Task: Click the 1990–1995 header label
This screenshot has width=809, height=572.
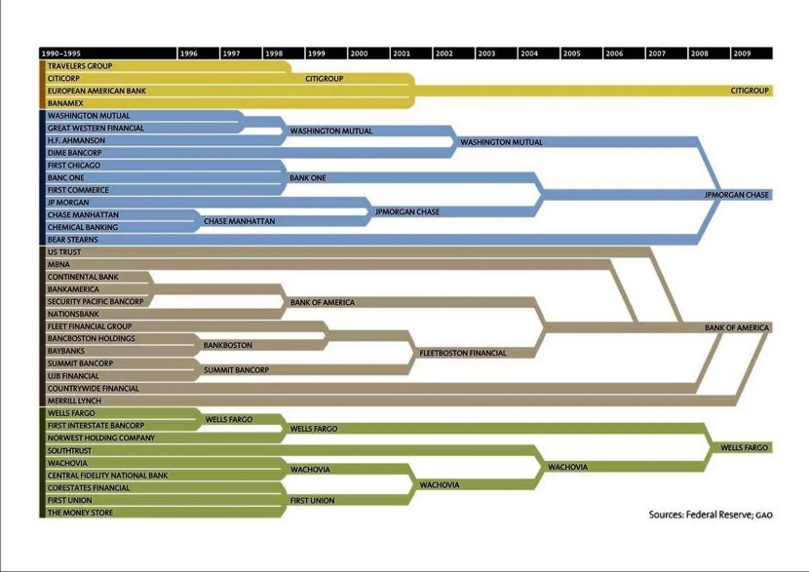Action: (x=60, y=54)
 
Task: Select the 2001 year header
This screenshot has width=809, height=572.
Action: (x=402, y=54)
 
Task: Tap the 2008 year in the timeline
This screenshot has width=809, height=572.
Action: (x=700, y=54)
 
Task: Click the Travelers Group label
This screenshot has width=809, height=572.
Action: (x=80, y=66)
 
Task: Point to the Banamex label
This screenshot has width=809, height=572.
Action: (x=65, y=103)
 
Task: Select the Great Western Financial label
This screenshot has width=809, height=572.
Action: (x=96, y=128)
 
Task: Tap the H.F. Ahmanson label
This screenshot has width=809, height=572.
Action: (x=76, y=140)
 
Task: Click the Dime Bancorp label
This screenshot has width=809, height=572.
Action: (x=74, y=153)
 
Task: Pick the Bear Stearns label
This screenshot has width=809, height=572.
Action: (x=72, y=240)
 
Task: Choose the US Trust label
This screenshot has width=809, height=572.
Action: (x=63, y=252)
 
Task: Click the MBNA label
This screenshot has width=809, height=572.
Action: (x=58, y=265)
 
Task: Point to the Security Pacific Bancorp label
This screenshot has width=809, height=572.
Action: (x=96, y=302)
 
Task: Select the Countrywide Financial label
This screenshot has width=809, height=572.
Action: (x=93, y=389)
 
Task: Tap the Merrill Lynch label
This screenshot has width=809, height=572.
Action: (x=74, y=401)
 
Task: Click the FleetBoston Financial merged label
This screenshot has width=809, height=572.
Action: (x=463, y=353)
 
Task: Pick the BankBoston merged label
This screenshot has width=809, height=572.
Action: (x=227, y=346)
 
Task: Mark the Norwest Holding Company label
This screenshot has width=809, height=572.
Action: (x=100, y=439)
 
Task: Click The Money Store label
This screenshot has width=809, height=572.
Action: (x=80, y=513)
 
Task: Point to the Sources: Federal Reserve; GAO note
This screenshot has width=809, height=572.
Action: (x=710, y=514)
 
